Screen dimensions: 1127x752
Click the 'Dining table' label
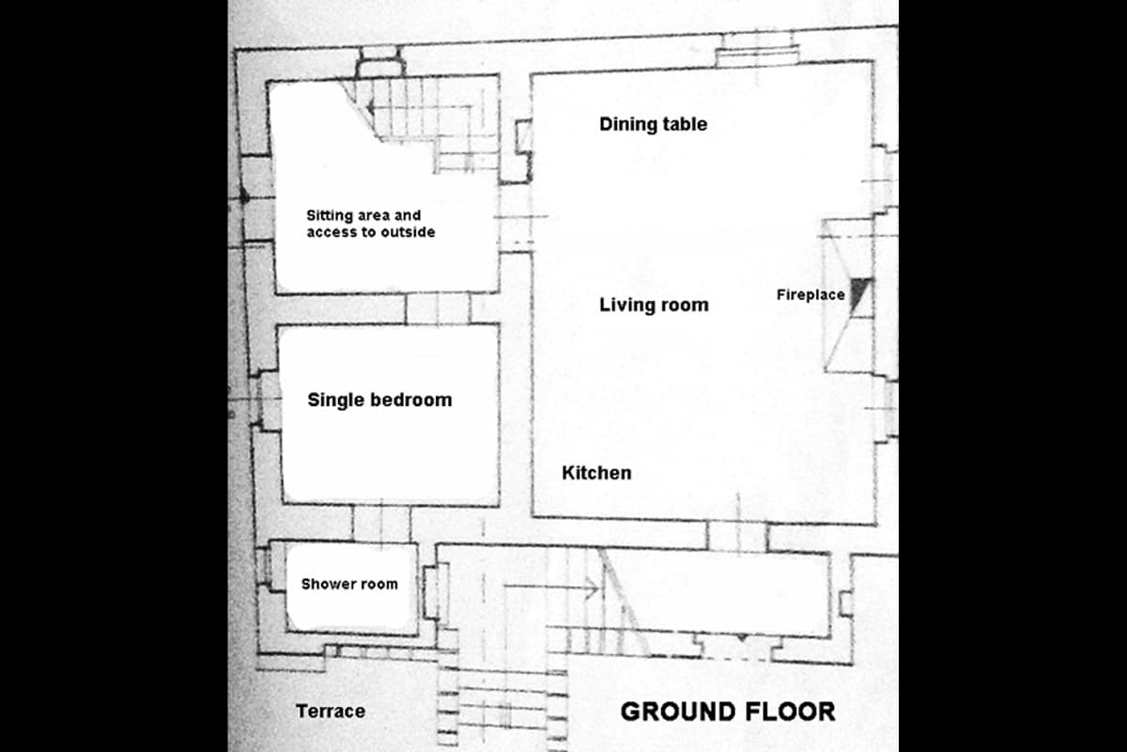click(x=653, y=124)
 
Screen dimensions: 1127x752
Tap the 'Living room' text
click(x=654, y=305)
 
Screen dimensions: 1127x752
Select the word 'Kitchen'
click(x=596, y=473)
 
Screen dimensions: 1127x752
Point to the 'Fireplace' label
click(x=811, y=294)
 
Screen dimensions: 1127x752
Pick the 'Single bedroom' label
click(x=379, y=399)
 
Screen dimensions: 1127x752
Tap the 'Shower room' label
click(x=349, y=584)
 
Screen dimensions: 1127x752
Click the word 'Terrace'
click(x=331, y=712)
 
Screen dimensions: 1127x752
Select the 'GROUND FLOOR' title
click(x=728, y=712)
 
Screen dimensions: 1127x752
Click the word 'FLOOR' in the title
click(x=790, y=712)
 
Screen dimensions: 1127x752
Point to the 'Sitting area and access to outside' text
click(x=371, y=224)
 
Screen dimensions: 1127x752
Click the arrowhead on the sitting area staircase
click(x=371, y=107)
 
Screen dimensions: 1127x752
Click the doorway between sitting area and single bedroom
click(x=438, y=308)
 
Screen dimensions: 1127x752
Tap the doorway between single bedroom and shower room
click(x=381, y=523)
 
